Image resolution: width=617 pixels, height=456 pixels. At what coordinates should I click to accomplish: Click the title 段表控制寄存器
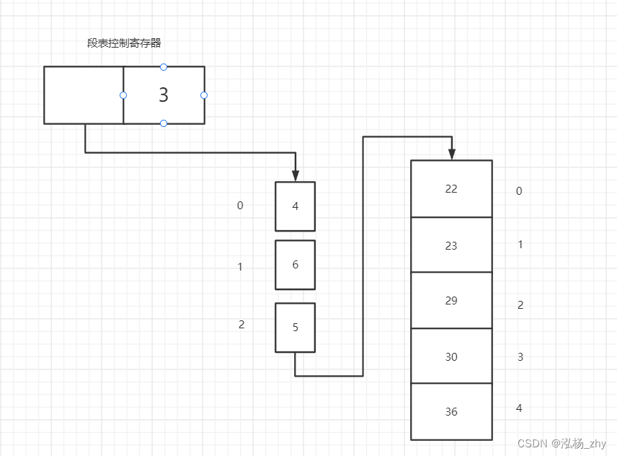pos(124,43)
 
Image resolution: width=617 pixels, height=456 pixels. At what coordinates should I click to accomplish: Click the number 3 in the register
pos(164,95)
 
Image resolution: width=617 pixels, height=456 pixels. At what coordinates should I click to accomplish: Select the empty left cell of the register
pos(84,95)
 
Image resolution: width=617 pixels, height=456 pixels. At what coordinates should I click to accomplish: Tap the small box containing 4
pos(296,206)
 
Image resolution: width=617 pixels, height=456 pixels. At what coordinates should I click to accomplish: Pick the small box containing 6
pos(296,265)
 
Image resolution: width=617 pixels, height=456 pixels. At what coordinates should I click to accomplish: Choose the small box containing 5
pos(296,328)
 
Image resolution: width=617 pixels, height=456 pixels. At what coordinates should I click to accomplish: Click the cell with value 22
pos(451,189)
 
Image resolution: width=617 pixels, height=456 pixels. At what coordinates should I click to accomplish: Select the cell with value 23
pos(451,245)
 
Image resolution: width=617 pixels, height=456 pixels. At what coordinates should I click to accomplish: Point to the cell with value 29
pos(451,301)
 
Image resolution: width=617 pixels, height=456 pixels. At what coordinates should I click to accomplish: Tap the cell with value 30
pos(451,356)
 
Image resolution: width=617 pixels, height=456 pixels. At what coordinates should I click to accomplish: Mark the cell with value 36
pos(451,412)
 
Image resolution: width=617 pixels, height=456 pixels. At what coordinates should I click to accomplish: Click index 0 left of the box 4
pos(240,206)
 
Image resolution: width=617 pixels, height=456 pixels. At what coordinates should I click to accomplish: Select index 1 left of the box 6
pos(240,267)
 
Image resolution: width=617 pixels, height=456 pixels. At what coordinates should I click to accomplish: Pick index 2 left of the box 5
pos(241,325)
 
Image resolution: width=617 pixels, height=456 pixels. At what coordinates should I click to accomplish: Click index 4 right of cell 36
pos(519,408)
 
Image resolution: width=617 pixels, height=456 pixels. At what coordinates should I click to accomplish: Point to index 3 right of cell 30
pos(520,357)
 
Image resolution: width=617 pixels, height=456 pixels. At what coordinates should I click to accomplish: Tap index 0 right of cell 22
pos(519,191)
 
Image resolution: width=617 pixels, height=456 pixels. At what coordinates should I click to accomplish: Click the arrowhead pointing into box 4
pos(296,175)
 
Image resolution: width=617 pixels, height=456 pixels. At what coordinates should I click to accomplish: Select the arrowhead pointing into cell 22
pos(452,154)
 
